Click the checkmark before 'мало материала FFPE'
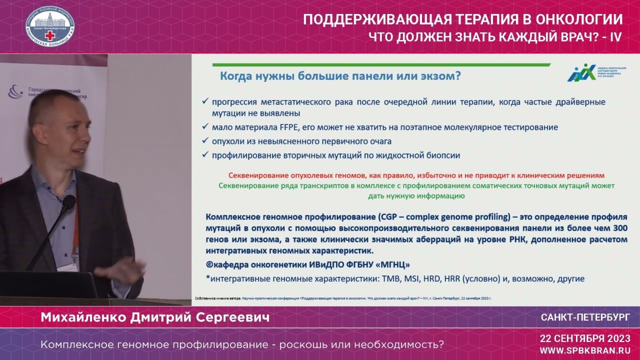[205, 127]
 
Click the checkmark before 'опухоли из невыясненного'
[205, 141]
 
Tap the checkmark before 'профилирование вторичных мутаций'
[205, 155]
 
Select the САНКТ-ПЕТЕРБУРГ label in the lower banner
[585, 317]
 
